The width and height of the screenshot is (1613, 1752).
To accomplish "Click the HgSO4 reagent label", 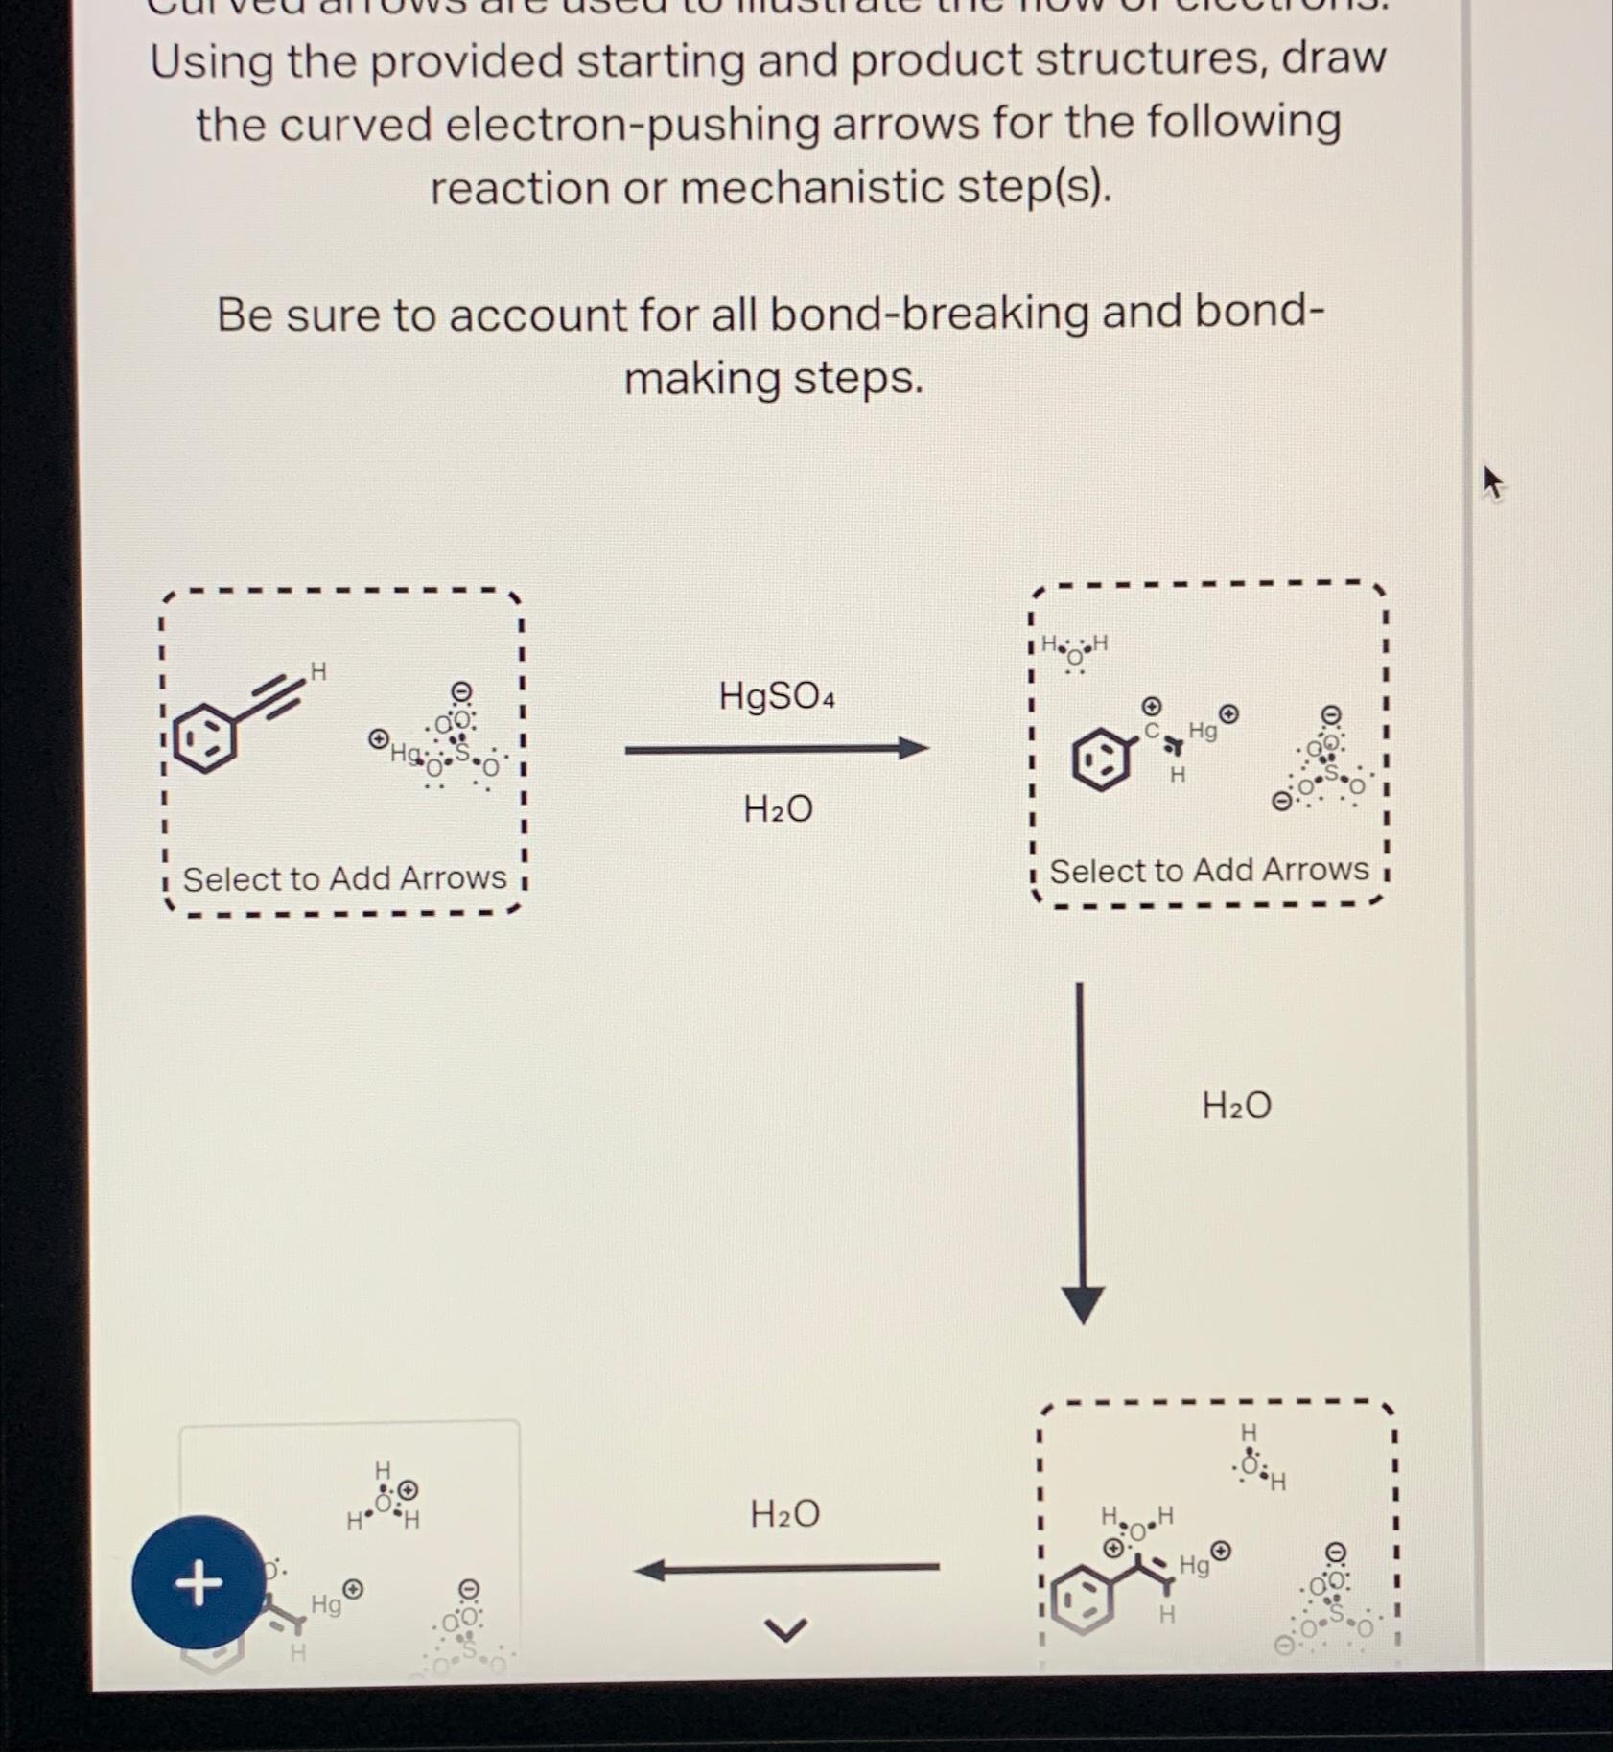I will [x=776, y=696].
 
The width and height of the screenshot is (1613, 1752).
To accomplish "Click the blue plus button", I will [x=199, y=1581].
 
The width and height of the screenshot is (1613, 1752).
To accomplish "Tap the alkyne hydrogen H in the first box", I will [x=318, y=671].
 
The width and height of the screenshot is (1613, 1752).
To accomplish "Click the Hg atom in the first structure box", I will [x=404, y=754].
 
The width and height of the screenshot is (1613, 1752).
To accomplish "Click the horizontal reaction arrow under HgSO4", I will [x=776, y=749].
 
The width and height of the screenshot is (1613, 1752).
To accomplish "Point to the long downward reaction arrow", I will [x=1081, y=1151].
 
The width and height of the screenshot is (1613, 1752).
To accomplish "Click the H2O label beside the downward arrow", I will [x=1236, y=1106].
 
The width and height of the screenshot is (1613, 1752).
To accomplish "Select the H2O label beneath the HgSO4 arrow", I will [x=778, y=809].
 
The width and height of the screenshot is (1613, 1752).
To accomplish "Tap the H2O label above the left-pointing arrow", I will [x=784, y=1514].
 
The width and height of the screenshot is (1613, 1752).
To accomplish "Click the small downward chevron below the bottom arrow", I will [x=785, y=1628].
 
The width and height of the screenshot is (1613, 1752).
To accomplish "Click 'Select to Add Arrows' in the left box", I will [x=344, y=878].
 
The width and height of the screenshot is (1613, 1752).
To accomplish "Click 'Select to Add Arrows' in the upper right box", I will [x=1208, y=870].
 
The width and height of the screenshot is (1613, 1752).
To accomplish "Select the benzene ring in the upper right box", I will [x=1100, y=758].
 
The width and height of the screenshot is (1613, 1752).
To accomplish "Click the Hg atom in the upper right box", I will [x=1202, y=731].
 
